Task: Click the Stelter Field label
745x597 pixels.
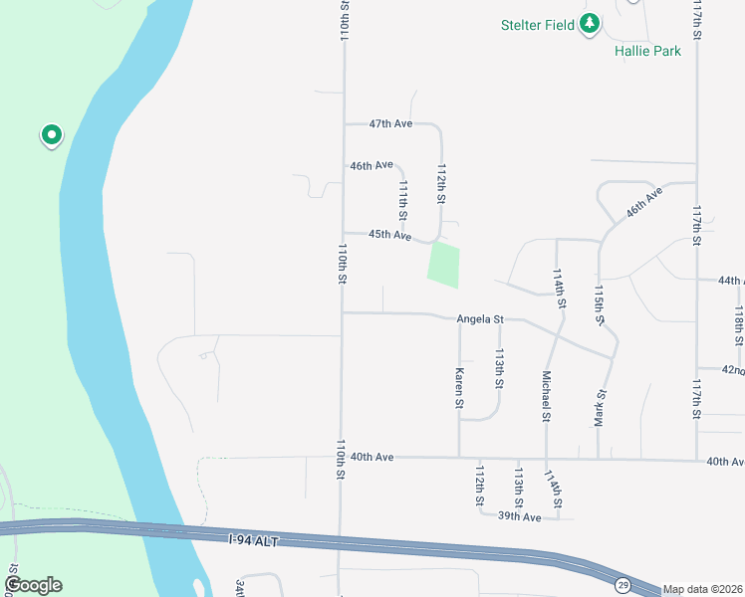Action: click(x=538, y=25)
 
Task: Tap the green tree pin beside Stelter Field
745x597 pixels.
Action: click(x=590, y=23)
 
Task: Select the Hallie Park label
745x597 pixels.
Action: click(x=646, y=50)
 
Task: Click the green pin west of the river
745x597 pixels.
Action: click(x=51, y=134)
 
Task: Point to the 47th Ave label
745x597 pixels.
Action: click(x=390, y=124)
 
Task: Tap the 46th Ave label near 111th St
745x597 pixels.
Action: click(x=371, y=165)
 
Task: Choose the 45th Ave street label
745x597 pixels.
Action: click(x=390, y=235)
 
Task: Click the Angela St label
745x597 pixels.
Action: click(x=481, y=319)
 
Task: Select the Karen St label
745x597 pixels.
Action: click(x=459, y=389)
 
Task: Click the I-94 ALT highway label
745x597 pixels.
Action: click(x=254, y=540)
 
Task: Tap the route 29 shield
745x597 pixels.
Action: click(x=621, y=582)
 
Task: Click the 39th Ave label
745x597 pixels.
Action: click(x=519, y=517)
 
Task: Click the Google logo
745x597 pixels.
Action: click(x=33, y=585)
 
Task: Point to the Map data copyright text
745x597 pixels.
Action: click(x=702, y=589)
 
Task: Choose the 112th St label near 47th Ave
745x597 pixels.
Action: click(x=440, y=185)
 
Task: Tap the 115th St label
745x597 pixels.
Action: click(x=599, y=302)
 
